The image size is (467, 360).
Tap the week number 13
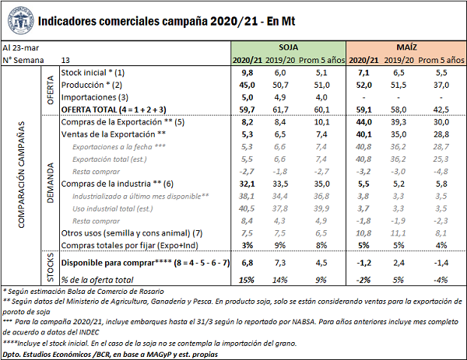click(x=65, y=60)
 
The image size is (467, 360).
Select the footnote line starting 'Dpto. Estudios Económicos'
click(x=109, y=354)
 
